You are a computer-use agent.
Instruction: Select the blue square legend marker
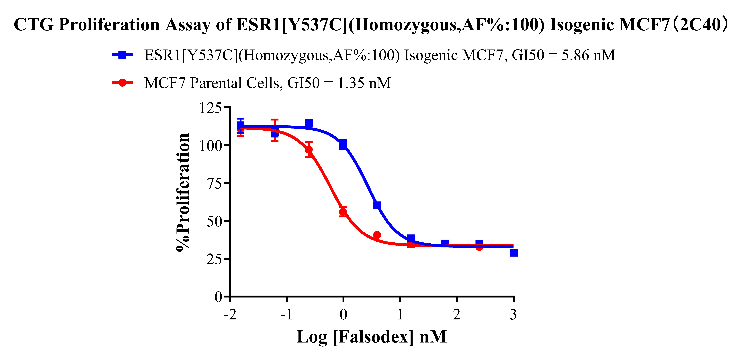tap(122, 55)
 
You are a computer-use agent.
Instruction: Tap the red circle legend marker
tap(122, 83)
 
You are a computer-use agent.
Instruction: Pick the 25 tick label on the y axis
tap(214, 259)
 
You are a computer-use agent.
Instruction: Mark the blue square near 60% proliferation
tap(377, 205)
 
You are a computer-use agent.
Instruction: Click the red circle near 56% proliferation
tap(343, 212)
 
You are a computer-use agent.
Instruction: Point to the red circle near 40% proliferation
tap(377, 235)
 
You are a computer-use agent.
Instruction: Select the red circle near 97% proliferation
tap(309, 149)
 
